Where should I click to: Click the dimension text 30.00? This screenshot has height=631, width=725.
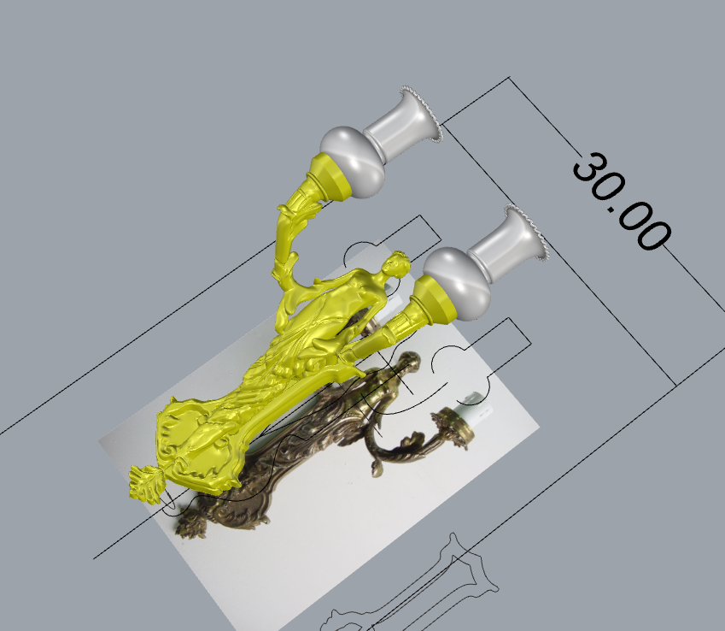point(621,202)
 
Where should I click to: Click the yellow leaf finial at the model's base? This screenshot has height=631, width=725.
point(144,484)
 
